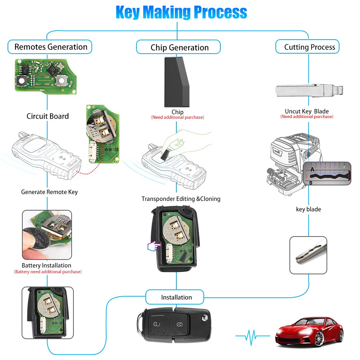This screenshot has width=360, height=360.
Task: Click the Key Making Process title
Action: pyautogui.click(x=181, y=12)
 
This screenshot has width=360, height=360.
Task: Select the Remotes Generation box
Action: pyautogui.click(x=50, y=47)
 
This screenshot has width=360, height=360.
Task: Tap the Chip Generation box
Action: pyautogui.click(x=179, y=48)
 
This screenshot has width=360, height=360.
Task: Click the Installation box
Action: pyautogui.click(x=176, y=297)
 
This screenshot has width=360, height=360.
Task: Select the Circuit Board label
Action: pyautogui.click(x=48, y=116)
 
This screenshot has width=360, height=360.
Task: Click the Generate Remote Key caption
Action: pyautogui.click(x=49, y=192)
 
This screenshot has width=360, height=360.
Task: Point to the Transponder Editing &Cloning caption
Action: pyautogui.click(x=181, y=199)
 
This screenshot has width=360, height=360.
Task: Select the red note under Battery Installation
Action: pyautogui.click(x=48, y=272)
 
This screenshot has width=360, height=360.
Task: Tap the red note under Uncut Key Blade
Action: pyautogui.click(x=307, y=117)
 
